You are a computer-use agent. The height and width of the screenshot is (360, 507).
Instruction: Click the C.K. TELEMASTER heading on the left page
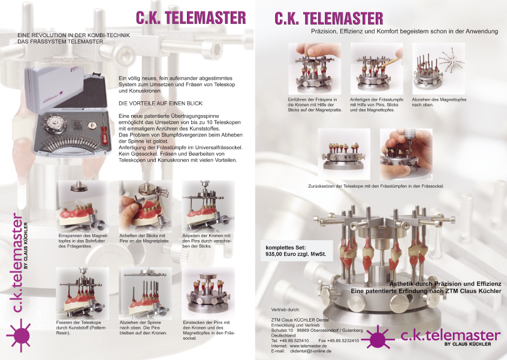point(190,17)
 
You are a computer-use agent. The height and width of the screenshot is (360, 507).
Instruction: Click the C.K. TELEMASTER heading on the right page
point(329,18)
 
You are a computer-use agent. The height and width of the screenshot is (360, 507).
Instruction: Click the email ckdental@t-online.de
point(310,351)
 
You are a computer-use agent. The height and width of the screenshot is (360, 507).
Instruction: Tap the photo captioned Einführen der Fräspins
point(314,68)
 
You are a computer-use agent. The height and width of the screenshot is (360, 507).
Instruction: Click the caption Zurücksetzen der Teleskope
point(375,186)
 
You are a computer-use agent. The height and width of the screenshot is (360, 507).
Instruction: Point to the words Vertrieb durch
point(285,310)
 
